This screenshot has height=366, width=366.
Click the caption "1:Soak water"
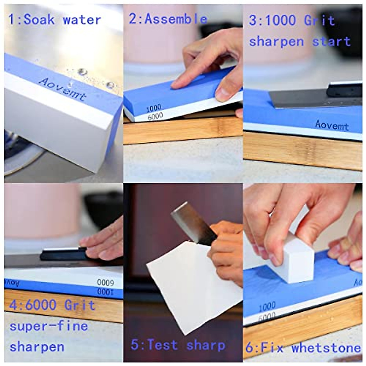[x=55, y=20]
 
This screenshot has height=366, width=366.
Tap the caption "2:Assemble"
[x=168, y=19]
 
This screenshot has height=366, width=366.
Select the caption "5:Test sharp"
[x=178, y=345]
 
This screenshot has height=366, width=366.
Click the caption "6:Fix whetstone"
[x=303, y=348]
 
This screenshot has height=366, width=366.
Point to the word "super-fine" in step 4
[x=49, y=326]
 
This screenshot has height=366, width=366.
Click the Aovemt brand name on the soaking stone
[x=63, y=89]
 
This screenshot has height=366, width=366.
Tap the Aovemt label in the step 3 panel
[x=332, y=125]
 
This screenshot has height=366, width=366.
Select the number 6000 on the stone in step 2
[x=155, y=116]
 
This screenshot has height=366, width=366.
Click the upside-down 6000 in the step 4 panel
[x=105, y=282]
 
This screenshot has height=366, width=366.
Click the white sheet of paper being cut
[x=195, y=284]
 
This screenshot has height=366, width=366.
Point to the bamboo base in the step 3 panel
[x=303, y=151]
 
